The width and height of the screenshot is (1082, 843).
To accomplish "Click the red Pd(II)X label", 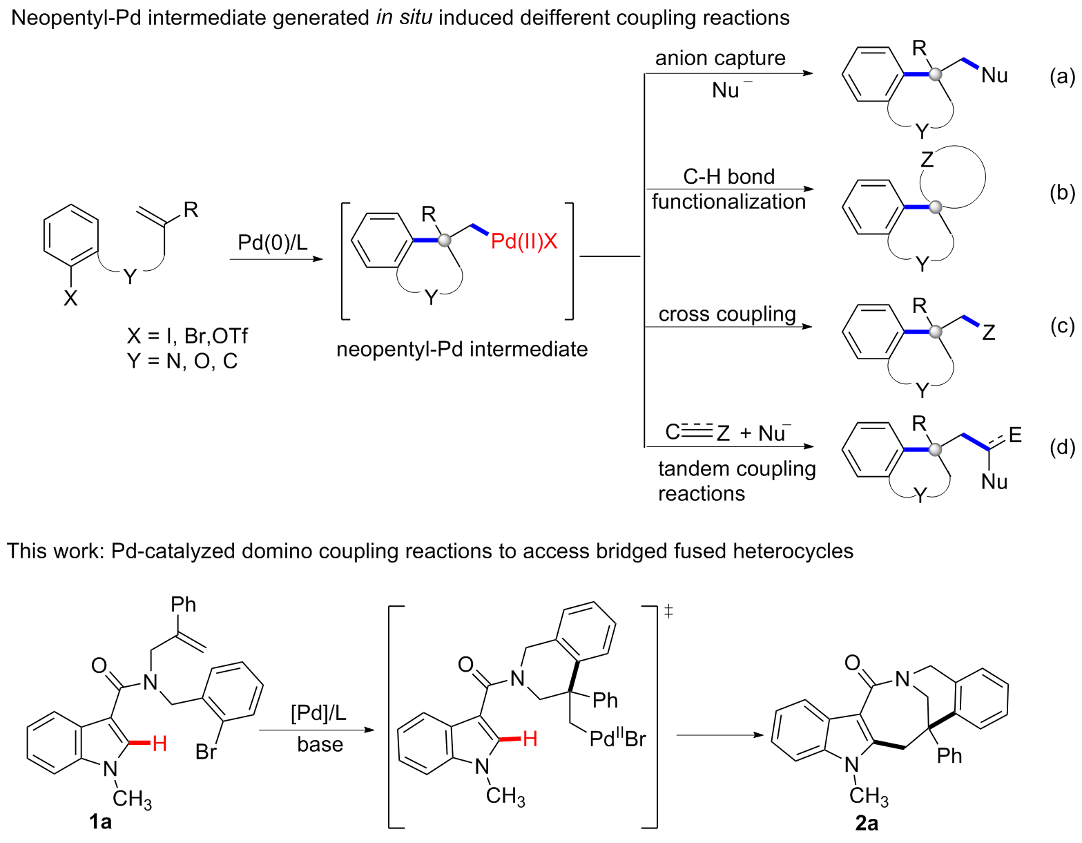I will [x=524, y=241].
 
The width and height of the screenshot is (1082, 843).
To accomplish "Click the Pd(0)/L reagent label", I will [x=273, y=243].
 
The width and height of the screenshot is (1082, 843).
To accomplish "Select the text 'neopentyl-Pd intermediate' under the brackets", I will [x=462, y=350].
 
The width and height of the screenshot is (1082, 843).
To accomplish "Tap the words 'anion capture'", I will [x=720, y=58].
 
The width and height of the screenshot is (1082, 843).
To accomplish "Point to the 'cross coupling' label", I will [x=727, y=314].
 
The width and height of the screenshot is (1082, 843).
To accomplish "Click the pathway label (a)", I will [x=1062, y=77].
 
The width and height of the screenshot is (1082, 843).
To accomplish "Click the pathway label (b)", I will [x=1062, y=193].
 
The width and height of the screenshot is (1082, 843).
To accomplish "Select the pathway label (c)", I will [x=1062, y=325].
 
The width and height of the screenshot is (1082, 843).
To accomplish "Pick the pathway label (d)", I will [x=1062, y=448].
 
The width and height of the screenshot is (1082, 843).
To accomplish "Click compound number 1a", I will [x=100, y=822].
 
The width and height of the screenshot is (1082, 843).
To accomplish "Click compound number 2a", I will [x=867, y=823].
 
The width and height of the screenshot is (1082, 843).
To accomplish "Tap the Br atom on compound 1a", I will [x=206, y=751].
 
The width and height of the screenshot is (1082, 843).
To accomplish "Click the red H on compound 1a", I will [x=160, y=743].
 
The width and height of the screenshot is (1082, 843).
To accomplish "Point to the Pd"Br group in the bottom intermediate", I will [x=617, y=739].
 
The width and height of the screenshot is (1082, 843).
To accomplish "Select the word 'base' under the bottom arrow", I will [x=320, y=745].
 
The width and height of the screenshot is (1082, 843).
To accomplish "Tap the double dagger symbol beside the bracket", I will [x=668, y=611].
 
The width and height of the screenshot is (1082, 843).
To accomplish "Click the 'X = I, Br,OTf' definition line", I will [x=186, y=337].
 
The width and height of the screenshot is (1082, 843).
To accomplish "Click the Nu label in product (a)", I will [x=994, y=76].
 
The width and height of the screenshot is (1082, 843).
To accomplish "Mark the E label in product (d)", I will [x=1015, y=435].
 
